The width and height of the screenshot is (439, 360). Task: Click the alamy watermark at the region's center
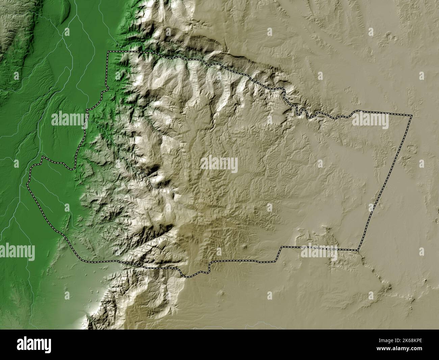[219, 165]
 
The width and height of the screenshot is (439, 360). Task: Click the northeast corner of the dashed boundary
[412, 116]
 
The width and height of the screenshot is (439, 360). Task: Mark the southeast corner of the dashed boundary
[358, 250]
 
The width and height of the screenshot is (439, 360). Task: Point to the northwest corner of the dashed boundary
[108, 52]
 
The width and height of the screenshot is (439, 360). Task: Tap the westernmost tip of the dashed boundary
[28, 184]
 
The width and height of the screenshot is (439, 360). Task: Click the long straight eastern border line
[385, 183]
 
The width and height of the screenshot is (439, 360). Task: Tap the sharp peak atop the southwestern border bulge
[42, 157]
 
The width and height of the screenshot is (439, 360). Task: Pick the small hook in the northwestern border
[106, 91]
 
